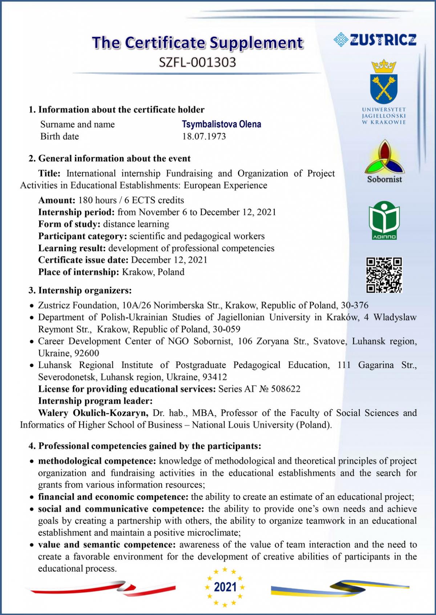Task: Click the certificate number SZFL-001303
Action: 197,62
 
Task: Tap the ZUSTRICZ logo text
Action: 383,40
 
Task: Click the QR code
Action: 384,275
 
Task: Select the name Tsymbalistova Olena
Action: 221,124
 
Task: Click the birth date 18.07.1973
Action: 204,136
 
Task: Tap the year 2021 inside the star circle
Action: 225,587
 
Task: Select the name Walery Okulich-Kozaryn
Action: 93,413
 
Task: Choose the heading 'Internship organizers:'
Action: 85,290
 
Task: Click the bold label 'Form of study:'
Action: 69,224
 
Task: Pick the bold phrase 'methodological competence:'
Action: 97,461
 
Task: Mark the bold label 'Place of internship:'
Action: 78,272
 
